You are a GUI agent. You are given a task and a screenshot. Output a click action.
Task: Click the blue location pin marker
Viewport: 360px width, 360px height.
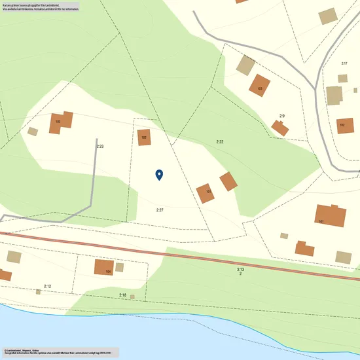[159, 174]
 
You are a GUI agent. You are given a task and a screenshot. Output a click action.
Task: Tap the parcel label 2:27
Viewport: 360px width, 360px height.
[160, 209]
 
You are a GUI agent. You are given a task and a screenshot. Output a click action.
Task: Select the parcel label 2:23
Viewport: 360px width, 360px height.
[100, 147]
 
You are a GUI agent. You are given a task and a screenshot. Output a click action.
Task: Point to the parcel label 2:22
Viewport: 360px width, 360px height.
[220, 142]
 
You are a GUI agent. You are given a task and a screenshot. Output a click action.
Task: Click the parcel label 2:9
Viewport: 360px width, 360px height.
[282, 116]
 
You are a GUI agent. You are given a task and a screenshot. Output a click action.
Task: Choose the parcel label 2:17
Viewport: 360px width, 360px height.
[344, 63]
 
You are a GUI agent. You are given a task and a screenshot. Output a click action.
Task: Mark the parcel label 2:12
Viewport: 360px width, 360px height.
[47, 286]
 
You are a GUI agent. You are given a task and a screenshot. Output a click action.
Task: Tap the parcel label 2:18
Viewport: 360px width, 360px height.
[122, 296]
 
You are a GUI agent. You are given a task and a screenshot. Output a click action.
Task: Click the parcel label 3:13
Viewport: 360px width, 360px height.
[240, 269]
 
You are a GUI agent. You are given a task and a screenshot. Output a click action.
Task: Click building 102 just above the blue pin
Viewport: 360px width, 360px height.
[144, 137]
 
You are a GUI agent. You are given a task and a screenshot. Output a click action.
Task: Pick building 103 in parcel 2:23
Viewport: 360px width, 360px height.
[60, 122]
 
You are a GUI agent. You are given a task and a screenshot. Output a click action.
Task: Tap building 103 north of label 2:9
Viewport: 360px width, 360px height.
[260, 86]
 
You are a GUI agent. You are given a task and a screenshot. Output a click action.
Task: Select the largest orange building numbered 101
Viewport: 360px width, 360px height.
[330, 216]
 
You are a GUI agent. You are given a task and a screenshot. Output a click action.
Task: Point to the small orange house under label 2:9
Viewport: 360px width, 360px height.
[281, 128]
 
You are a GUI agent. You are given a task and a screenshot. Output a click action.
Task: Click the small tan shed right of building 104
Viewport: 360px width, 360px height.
[120, 267]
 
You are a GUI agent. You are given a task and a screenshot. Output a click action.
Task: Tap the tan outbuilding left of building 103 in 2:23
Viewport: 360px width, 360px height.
[33, 132]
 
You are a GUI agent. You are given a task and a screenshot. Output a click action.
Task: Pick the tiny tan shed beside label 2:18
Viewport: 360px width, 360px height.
[133, 297]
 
